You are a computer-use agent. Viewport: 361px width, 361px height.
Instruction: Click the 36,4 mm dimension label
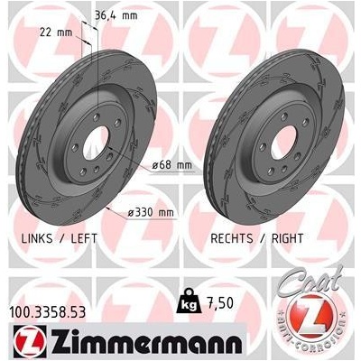click(116, 15)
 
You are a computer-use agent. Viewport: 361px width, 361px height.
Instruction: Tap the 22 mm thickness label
click(56, 32)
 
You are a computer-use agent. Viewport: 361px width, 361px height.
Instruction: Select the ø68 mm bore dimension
click(171, 165)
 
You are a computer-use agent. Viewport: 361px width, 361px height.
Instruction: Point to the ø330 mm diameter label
click(151, 213)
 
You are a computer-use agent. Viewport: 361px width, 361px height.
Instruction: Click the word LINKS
click(37, 238)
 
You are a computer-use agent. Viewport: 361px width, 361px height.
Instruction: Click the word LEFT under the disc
click(84, 238)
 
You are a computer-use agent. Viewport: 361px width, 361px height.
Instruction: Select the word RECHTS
click(232, 238)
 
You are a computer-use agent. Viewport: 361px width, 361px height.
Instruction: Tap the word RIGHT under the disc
click(287, 238)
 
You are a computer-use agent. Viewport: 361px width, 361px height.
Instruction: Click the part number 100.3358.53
click(48, 312)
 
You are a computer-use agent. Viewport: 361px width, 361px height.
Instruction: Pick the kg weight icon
click(189, 301)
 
